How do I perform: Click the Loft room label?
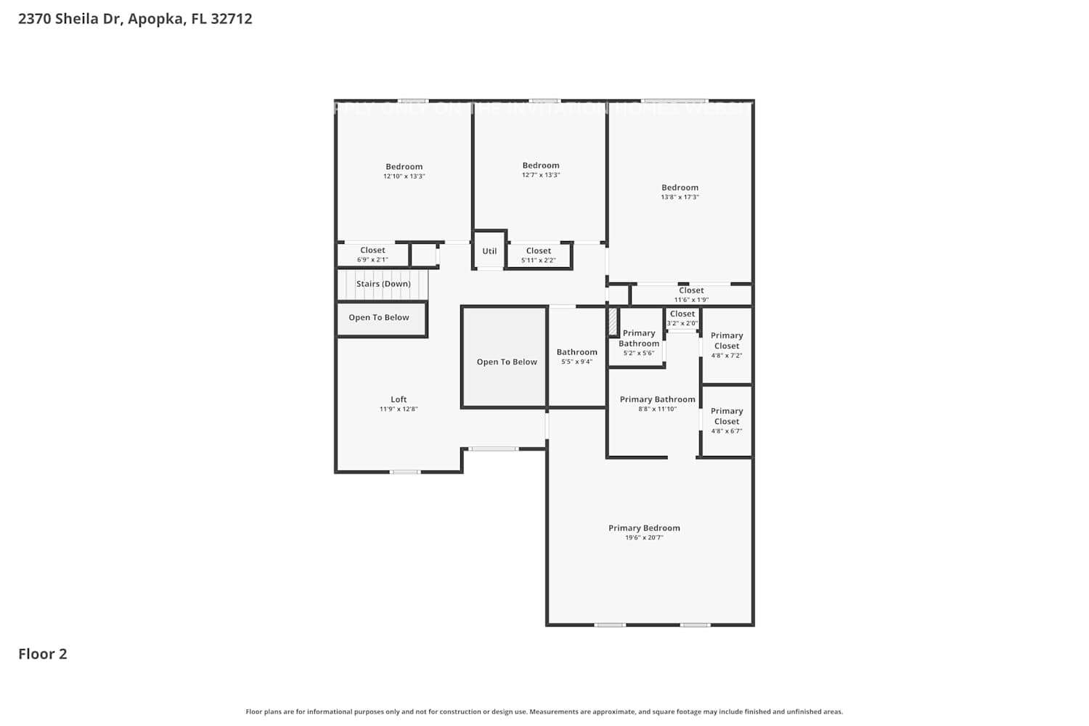pyautogui.click(x=399, y=399)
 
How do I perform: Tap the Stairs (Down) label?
pyautogui.click(x=383, y=284)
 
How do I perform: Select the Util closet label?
pyautogui.click(x=489, y=251)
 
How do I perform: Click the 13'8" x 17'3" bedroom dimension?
pyautogui.click(x=680, y=197)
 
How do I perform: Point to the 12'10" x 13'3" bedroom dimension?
pyautogui.click(x=404, y=176)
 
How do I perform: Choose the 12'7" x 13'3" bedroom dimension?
pyautogui.click(x=541, y=175)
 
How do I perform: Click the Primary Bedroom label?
pyautogui.click(x=644, y=528)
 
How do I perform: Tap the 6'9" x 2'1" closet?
pyautogui.click(x=372, y=255)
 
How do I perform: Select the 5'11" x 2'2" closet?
pyautogui.click(x=539, y=256)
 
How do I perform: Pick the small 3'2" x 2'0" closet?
pyautogui.click(x=682, y=319)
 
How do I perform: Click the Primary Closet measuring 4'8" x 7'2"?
pyautogui.click(x=727, y=345)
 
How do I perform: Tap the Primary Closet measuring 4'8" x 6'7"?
pyautogui.click(x=727, y=420)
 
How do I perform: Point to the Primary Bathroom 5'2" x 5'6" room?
pyautogui.click(x=639, y=343)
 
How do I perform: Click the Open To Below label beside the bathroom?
pyautogui.click(x=507, y=362)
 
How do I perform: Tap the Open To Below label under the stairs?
pyautogui.click(x=379, y=317)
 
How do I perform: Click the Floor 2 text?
pyautogui.click(x=43, y=654)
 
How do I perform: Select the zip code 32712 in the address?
pyautogui.click(x=232, y=19)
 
